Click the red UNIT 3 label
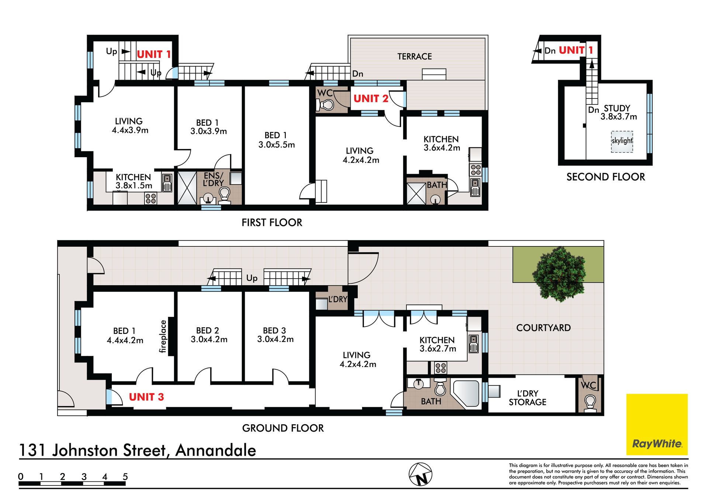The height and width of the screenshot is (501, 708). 146,397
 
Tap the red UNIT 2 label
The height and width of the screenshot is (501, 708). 371,99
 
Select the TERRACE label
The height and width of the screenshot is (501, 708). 414,56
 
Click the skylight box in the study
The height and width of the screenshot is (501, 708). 622,142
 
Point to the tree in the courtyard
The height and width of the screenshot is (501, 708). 559,274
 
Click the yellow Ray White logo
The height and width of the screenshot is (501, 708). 657,424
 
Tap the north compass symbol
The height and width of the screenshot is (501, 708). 420,474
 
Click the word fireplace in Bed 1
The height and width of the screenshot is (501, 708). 163,336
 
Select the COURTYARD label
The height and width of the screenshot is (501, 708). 543,328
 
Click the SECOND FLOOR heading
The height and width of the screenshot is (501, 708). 606,177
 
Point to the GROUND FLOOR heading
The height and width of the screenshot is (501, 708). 283,428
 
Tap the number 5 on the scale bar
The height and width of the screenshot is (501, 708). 125,477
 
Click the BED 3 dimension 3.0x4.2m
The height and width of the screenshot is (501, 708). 275,339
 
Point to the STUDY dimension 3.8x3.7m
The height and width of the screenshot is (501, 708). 619,117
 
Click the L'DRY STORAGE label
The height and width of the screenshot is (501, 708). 528,398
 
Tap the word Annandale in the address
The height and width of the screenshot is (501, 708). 216,450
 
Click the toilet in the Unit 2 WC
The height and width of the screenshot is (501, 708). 326,105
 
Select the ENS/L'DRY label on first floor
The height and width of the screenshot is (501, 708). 213,179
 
